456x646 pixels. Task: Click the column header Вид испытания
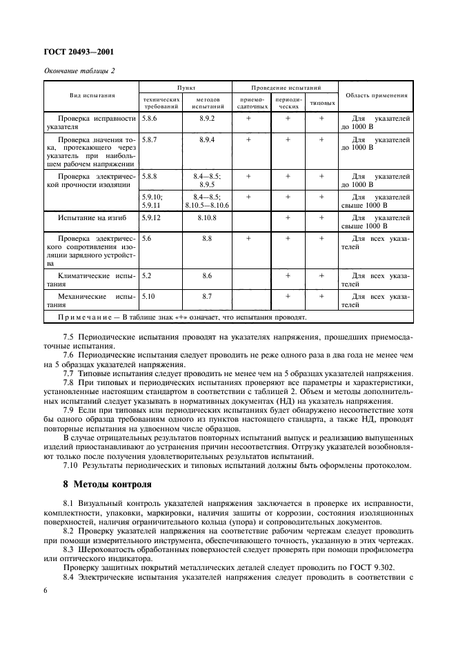click(92, 96)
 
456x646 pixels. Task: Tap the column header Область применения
click(376, 96)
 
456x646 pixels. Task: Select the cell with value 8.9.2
click(207, 119)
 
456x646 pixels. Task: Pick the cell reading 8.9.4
click(207, 139)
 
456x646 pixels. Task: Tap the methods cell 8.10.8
click(207, 217)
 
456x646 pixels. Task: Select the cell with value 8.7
click(207, 295)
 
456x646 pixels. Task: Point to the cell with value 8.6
click(207, 275)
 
